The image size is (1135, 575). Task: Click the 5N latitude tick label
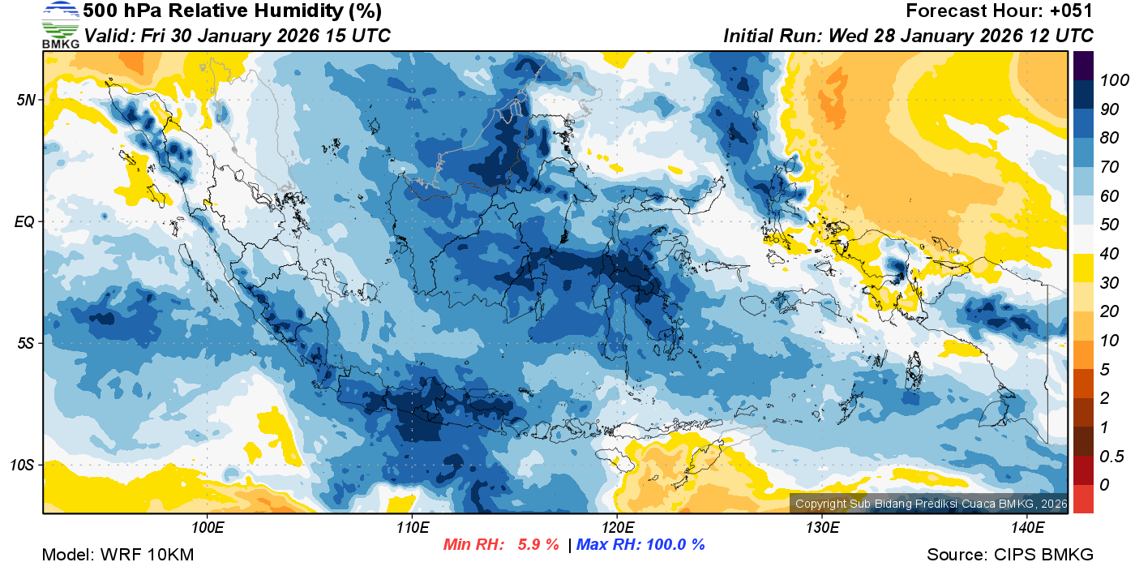click(27, 100)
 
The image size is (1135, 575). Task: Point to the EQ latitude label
click(25, 221)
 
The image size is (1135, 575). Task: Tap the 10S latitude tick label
click(24, 465)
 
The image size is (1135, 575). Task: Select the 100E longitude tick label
click(208, 528)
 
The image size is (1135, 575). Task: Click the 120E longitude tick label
click(617, 528)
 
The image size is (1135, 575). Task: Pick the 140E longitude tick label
click(1027, 528)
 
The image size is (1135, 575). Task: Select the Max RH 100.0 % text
click(641, 545)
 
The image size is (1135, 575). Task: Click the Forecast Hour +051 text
click(1000, 11)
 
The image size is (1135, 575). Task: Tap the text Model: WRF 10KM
click(118, 555)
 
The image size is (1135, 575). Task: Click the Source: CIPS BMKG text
click(1010, 555)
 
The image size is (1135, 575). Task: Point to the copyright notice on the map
click(929, 504)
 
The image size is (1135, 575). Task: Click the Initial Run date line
click(908, 36)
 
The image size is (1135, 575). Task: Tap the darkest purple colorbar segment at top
click(1083, 66)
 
